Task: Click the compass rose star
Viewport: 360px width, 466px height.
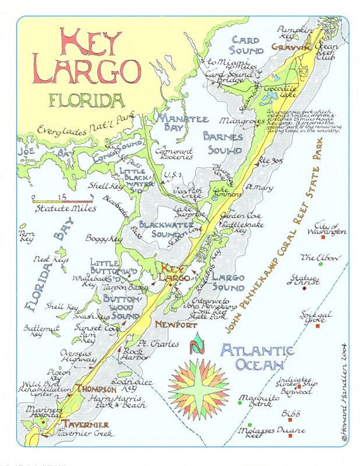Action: click(x=199, y=385)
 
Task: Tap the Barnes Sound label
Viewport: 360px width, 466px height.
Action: click(x=222, y=143)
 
